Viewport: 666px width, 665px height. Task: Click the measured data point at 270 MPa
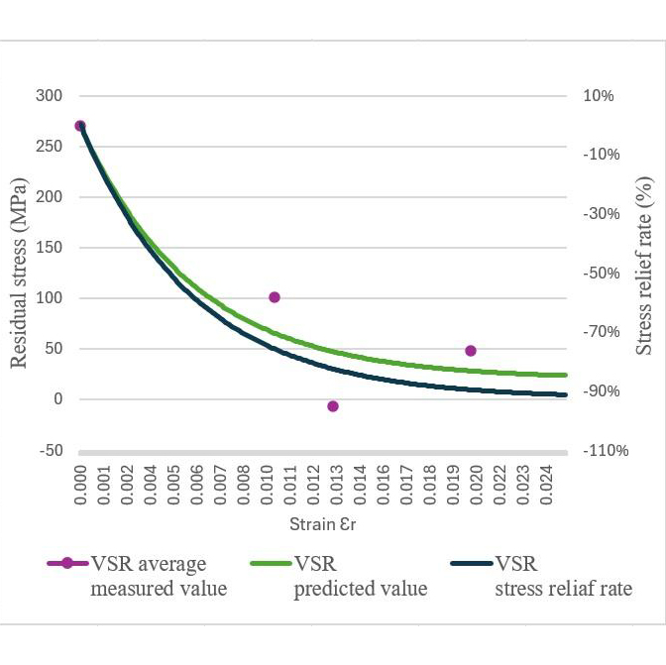pyautogui.click(x=80, y=126)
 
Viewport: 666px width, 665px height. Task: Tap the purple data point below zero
pyautogui.click(x=333, y=406)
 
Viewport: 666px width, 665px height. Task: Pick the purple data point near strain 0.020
pyautogui.click(x=471, y=351)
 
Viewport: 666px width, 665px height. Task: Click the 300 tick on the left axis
pyautogui.click(x=50, y=96)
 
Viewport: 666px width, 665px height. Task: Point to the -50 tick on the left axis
pyautogui.click(x=51, y=451)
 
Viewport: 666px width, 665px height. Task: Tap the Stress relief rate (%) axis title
pyautogui.click(x=644, y=266)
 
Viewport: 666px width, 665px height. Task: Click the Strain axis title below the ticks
pyautogui.click(x=323, y=523)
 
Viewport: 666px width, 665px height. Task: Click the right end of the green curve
pyautogui.click(x=566, y=375)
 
